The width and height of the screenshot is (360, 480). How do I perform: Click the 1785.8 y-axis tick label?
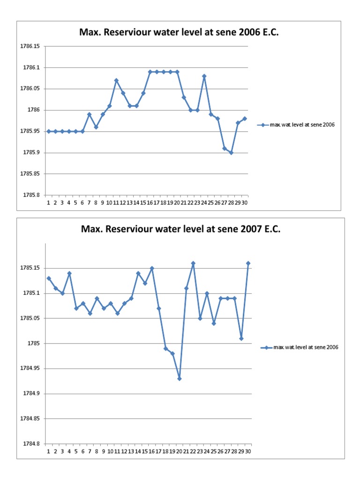tap(31, 195)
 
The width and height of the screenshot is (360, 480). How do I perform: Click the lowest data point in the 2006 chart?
tap(231, 153)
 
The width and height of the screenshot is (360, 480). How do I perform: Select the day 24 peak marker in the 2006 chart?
tap(204, 76)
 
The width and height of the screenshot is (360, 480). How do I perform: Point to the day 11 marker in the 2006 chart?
tap(116, 81)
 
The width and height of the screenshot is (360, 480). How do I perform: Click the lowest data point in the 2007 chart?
tap(180, 379)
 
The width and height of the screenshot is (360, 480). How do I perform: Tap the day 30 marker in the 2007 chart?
tap(248, 263)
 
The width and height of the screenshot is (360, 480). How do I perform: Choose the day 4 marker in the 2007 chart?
tap(69, 273)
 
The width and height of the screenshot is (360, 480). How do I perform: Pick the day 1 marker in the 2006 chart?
tap(49, 132)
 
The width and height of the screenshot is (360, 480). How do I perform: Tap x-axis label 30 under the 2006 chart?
tap(245, 202)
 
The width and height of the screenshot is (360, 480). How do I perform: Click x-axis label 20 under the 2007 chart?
tap(179, 451)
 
